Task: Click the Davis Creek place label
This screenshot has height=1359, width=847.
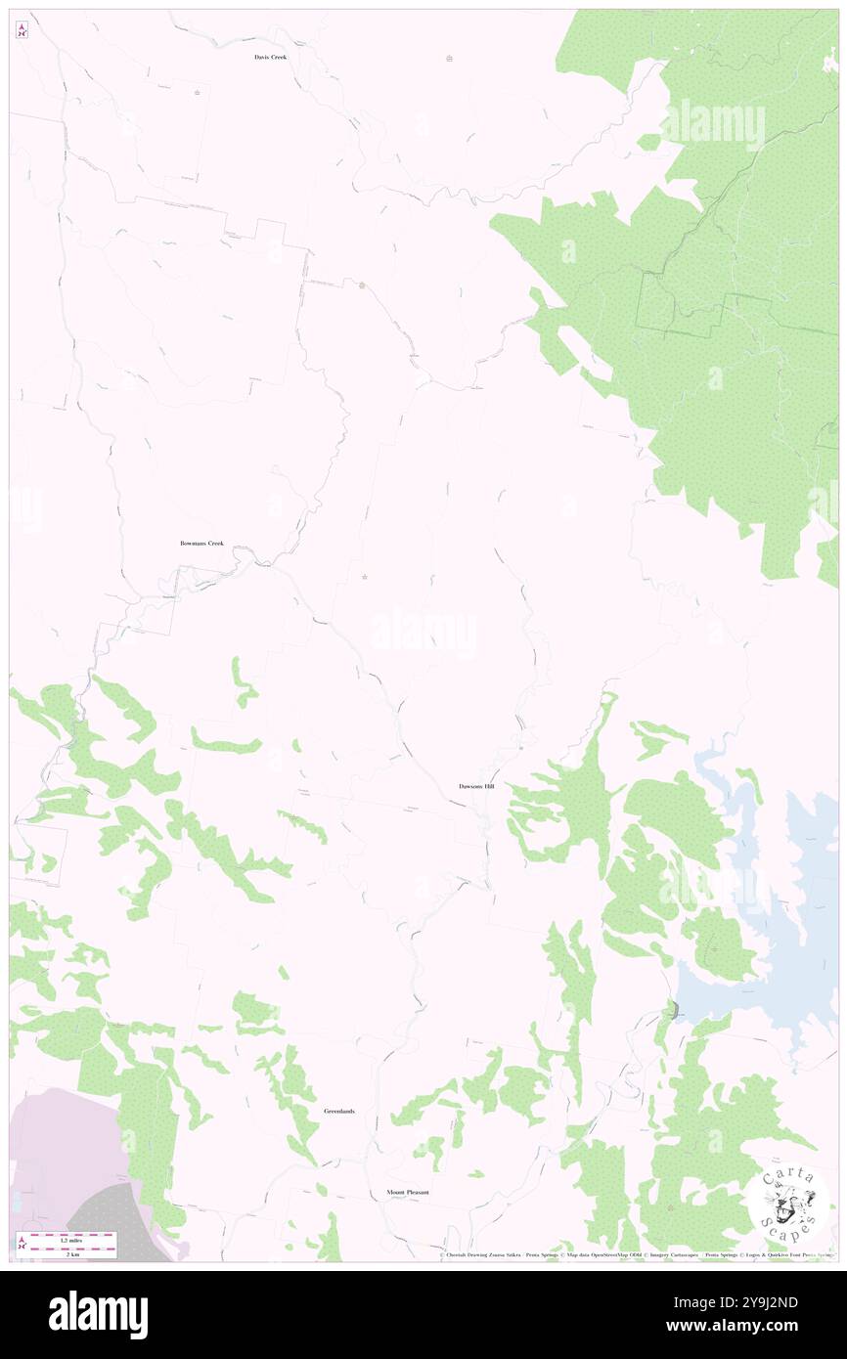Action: pos(269,58)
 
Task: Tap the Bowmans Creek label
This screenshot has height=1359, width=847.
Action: pos(201,543)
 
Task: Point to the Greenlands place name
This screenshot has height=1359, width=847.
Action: pos(339,1112)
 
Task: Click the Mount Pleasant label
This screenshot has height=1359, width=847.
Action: pos(407,1193)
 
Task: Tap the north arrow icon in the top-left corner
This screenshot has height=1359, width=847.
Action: pos(22,30)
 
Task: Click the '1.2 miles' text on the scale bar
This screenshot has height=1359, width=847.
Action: pos(70,1241)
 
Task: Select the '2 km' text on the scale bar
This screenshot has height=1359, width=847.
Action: pos(70,1253)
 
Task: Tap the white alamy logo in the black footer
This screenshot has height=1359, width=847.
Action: pos(98,1314)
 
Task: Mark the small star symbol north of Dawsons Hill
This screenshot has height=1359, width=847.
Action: pos(365,577)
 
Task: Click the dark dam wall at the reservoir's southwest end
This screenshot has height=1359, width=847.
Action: pos(674,1009)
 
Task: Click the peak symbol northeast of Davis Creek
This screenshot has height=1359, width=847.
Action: pos(449,58)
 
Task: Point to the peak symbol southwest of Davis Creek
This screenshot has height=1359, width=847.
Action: pos(198,93)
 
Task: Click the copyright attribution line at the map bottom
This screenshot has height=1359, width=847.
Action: pos(636,1254)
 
